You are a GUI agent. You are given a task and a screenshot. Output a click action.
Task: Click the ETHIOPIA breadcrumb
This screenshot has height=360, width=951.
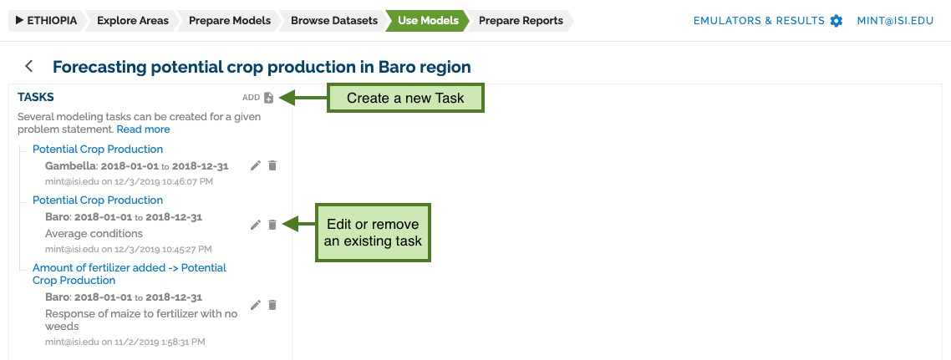pos(46,21)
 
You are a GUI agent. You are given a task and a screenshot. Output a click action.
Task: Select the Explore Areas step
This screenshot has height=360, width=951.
pos(133,21)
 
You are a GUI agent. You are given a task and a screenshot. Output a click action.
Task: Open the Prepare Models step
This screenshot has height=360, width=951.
pos(229,21)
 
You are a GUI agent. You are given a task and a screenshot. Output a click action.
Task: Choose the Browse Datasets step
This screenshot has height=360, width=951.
pos(334,21)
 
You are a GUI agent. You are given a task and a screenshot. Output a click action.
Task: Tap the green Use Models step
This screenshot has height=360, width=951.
pos(428,21)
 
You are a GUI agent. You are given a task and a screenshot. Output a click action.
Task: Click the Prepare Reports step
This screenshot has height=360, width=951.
pos(521,21)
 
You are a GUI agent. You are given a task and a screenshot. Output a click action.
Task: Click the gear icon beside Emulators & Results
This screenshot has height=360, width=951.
pos(837,21)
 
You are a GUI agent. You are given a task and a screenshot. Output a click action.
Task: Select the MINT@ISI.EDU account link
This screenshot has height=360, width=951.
pos(895,21)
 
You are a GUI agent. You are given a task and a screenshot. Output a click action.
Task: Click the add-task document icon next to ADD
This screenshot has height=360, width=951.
pos(269,98)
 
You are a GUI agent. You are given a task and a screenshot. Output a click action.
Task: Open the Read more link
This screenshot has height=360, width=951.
pos(143,129)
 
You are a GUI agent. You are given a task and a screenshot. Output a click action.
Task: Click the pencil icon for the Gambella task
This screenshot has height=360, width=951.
pos(256,165)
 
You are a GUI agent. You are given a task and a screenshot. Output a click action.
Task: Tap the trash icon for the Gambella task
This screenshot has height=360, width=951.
pos(272,165)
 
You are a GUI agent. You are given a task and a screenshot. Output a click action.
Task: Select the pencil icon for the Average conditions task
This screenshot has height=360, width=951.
pos(256,225)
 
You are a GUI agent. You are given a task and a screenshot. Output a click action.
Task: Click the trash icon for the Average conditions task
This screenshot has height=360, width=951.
pos(272,225)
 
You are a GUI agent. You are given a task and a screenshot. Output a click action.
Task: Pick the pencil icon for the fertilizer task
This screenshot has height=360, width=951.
pos(256,305)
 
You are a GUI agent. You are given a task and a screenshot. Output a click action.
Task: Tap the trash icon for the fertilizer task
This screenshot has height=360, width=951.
pos(272,305)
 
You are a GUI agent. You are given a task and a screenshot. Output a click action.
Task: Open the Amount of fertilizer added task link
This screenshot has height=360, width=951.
pos(130,274)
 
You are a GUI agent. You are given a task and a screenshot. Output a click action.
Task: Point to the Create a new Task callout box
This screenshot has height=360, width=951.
pos(406,99)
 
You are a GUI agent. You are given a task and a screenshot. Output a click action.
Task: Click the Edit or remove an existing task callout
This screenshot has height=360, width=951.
pos(373,233)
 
